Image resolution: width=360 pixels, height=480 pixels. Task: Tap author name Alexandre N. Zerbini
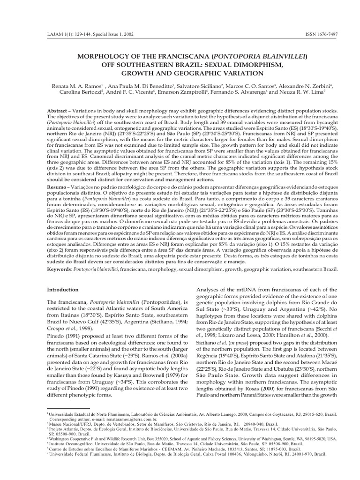(x=298, y=88)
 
